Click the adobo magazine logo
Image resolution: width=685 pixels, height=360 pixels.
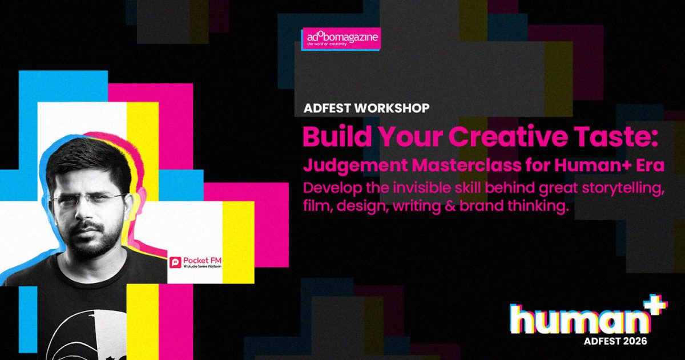[341, 39]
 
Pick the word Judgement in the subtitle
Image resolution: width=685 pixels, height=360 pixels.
[355, 166]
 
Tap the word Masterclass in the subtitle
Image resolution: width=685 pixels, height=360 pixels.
[467, 165]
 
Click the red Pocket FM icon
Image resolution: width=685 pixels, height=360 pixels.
[175, 262]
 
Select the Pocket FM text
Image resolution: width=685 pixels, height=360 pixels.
[202, 261]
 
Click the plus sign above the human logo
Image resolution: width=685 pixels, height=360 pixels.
[656, 304]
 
